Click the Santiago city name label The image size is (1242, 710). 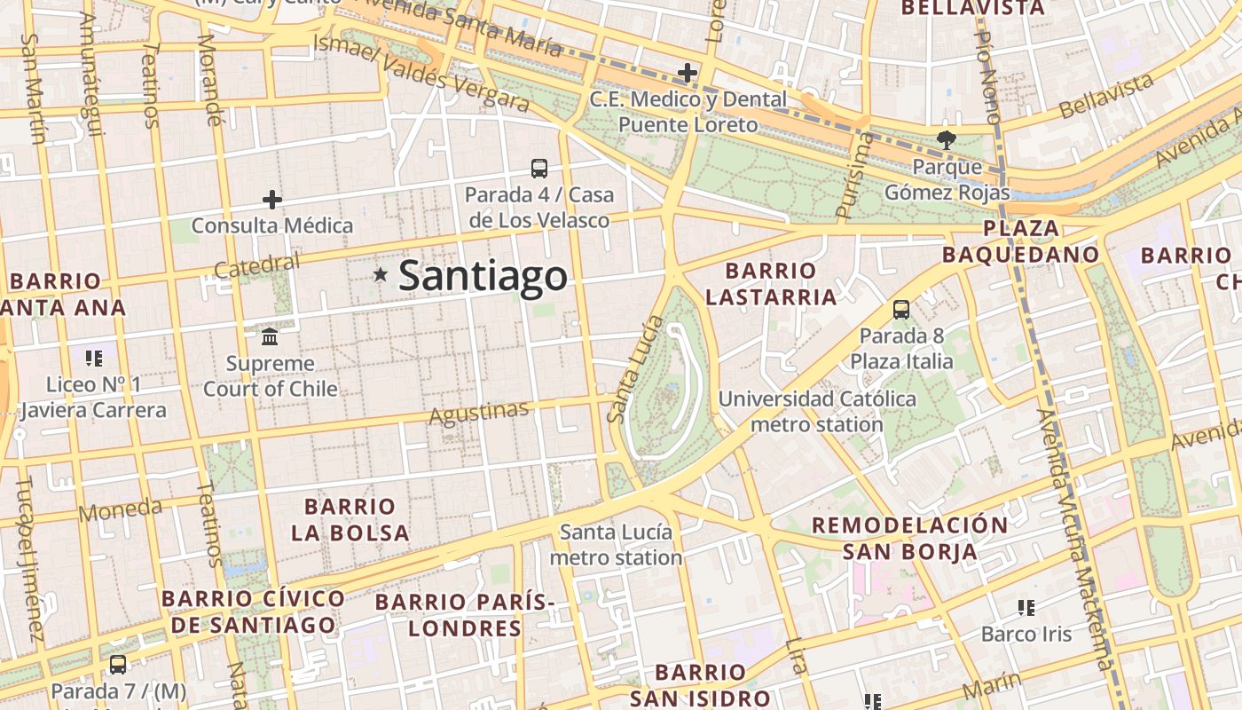[483, 276]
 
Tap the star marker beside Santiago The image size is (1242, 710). [381, 275]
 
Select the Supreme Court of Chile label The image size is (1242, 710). [271, 376]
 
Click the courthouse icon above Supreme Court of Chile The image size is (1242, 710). [270, 336]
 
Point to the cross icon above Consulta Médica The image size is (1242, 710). [272, 200]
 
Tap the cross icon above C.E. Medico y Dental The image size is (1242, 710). [688, 73]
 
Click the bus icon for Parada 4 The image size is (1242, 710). [538, 168]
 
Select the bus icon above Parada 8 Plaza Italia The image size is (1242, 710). [901, 310]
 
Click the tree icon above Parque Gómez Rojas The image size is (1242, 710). [947, 139]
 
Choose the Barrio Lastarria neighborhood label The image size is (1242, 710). [771, 284]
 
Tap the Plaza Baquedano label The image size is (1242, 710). [1020, 241]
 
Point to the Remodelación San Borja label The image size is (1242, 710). [910, 538]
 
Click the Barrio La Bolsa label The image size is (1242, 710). [350, 520]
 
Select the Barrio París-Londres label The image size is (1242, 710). [465, 615]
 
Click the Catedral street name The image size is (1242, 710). [257, 265]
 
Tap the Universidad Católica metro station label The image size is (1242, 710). [817, 412]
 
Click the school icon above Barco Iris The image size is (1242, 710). [1026, 608]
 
